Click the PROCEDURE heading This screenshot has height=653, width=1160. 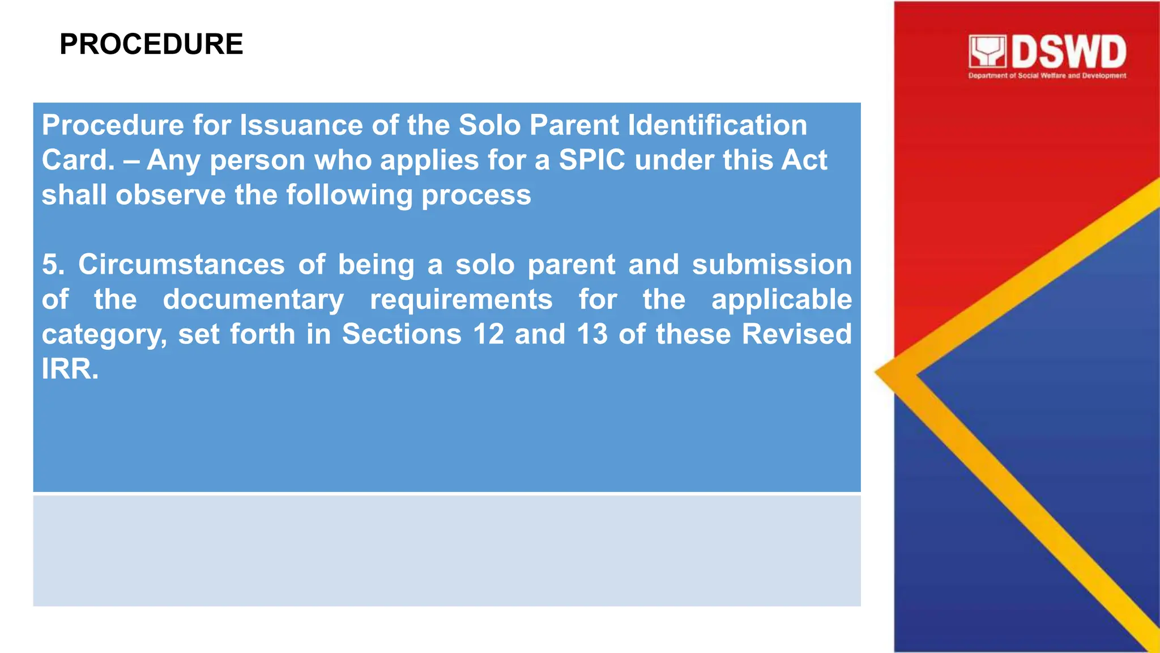coord(151,44)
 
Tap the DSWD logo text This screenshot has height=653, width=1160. coord(1069,52)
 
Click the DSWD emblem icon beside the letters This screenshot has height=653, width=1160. coord(987,52)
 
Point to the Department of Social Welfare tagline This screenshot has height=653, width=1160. coord(1047,75)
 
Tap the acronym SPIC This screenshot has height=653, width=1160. coord(592,160)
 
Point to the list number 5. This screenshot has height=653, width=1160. coord(53,265)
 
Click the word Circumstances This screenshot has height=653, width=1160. coord(181,265)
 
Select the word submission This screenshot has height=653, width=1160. coord(772,265)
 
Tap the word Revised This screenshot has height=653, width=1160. coord(796,334)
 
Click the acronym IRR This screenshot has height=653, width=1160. coord(70,370)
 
